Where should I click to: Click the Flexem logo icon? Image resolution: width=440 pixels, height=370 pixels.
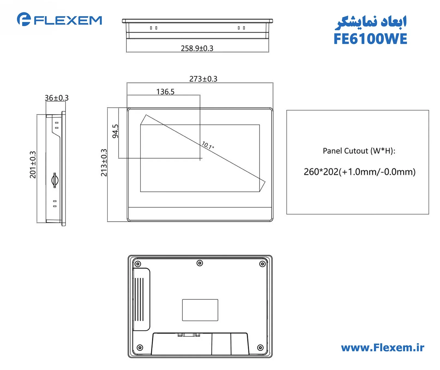[24, 19]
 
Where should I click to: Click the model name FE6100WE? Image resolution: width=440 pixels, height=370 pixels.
[370, 39]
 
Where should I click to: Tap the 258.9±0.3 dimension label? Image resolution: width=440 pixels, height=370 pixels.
[197, 48]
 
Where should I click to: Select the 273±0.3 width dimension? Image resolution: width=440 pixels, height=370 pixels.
[203, 79]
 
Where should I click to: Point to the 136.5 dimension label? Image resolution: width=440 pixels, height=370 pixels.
[165, 92]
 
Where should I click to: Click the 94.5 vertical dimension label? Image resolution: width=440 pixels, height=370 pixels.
[115, 131]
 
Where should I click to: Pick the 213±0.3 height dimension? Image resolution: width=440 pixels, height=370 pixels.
[104, 163]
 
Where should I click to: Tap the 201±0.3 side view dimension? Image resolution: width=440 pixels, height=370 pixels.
[33, 165]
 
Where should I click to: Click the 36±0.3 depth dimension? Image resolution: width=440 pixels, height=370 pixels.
[56, 98]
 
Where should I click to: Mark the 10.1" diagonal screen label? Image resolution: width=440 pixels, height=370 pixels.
[208, 145]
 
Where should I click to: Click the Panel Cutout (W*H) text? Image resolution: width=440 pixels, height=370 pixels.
[359, 151]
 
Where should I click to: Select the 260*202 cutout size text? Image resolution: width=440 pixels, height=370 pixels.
[359, 172]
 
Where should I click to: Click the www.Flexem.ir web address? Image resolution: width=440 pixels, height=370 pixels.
[382, 348]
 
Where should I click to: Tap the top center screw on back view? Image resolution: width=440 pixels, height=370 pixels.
[200, 263]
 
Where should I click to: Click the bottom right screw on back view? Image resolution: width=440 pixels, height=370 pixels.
[260, 348]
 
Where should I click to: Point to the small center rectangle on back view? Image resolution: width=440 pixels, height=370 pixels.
[200, 310]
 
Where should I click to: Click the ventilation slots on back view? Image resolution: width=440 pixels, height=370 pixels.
[139, 299]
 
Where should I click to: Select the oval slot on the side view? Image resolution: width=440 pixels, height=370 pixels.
[55, 180]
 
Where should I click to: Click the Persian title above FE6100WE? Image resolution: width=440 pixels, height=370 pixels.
[371, 22]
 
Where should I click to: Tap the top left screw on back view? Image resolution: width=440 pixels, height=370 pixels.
[138, 264]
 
